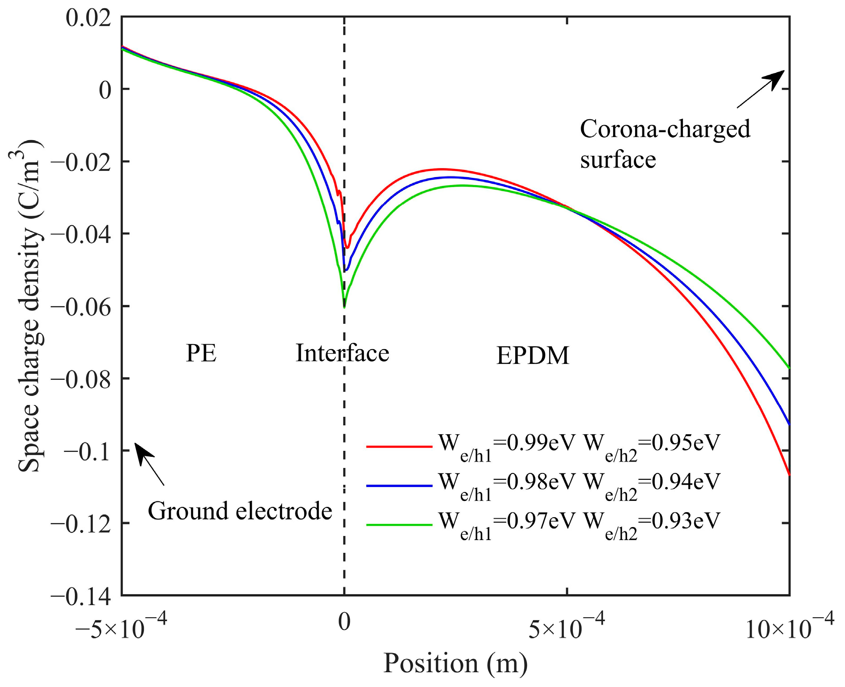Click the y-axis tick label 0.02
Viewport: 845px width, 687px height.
88,18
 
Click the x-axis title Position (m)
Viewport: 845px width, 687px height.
455,664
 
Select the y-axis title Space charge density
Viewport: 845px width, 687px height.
30,306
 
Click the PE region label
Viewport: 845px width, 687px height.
201,354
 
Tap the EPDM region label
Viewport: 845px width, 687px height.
533,356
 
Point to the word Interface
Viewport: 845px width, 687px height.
342,353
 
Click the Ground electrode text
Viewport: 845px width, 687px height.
240,511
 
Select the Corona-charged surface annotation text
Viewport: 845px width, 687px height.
665,144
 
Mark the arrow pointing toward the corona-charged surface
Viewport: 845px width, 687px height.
761,89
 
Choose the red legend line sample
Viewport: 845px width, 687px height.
399,447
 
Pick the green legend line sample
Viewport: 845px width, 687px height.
399,525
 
